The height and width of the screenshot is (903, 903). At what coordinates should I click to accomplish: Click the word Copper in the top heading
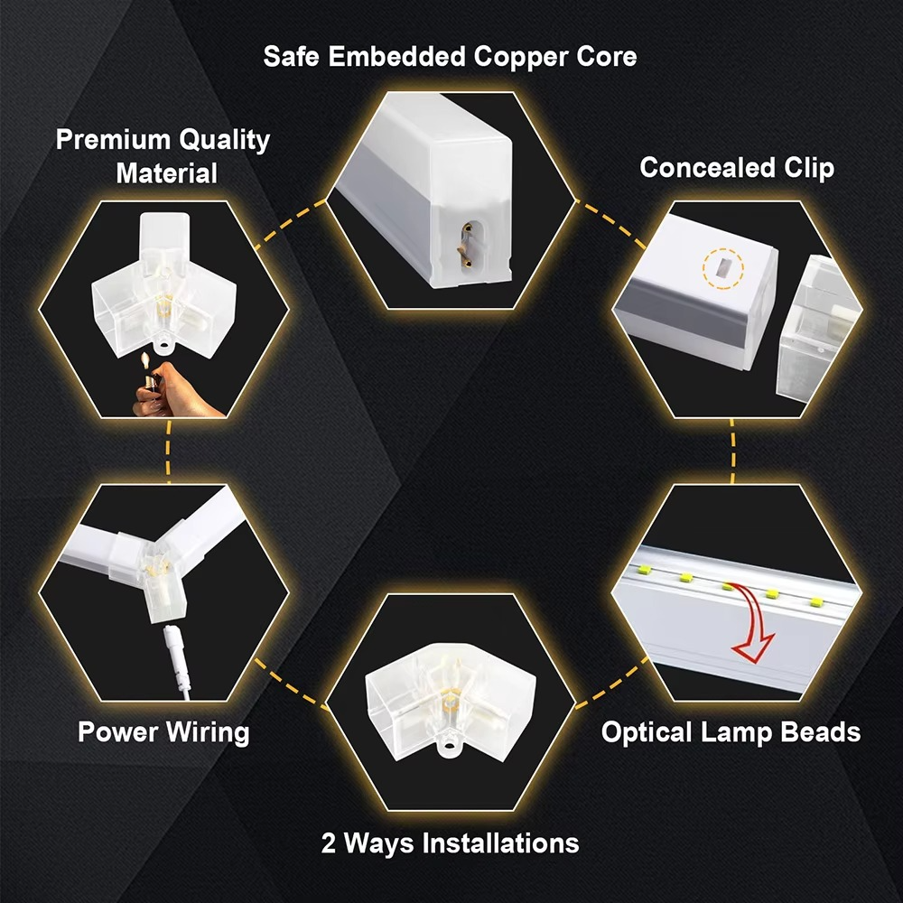click(520, 56)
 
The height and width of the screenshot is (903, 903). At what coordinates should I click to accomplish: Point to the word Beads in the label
click(821, 731)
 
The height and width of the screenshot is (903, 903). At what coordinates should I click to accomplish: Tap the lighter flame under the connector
click(144, 364)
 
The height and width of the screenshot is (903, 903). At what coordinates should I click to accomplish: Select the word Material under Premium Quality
click(167, 172)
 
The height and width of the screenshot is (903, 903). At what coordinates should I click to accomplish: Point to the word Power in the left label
click(117, 731)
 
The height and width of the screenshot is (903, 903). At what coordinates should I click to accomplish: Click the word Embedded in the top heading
click(395, 56)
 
